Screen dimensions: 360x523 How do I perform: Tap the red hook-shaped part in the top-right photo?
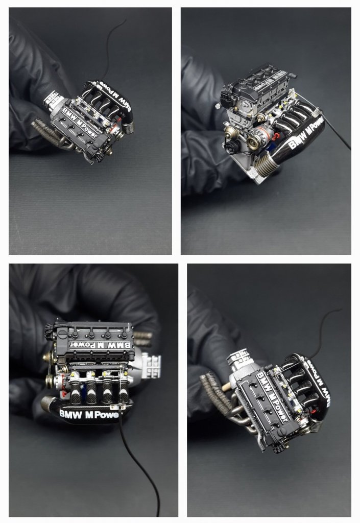point(275,136)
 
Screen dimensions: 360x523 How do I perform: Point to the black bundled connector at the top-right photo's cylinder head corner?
point(227,91)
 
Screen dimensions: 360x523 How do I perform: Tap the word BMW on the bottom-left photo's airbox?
point(70,414)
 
